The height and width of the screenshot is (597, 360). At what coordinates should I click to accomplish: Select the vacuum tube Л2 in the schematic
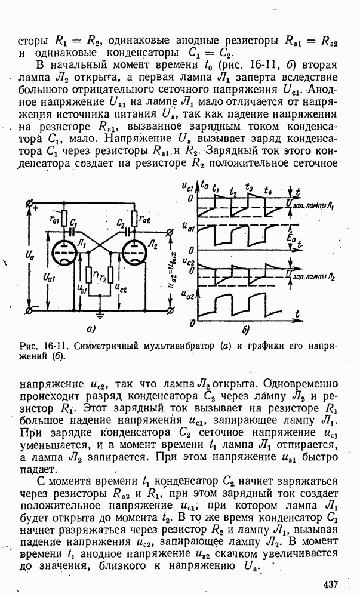click(x=136, y=254)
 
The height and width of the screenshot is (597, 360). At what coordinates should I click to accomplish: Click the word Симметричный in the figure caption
click(x=95, y=346)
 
